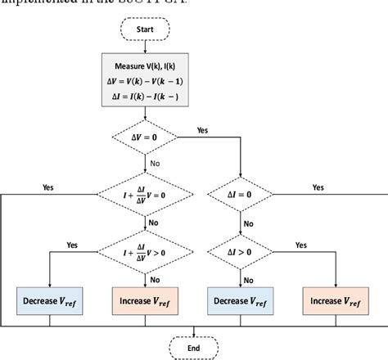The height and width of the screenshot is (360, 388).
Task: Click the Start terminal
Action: pyautogui.click(x=144, y=30)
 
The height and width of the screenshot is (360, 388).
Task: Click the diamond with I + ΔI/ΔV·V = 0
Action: pyautogui.click(x=144, y=194)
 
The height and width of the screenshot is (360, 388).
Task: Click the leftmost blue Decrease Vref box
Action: pyautogui.click(x=50, y=299)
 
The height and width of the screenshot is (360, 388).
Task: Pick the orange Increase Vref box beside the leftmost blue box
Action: pyautogui.click(x=144, y=299)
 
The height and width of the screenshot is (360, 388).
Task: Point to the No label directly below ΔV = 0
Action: pyautogui.click(x=156, y=164)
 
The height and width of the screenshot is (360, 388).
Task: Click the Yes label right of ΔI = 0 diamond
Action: pyautogui.click(x=318, y=187)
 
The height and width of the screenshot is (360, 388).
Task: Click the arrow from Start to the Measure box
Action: pyautogui.click(x=144, y=47)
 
